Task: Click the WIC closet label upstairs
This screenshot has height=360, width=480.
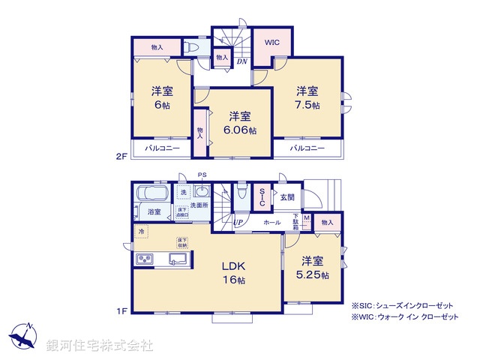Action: point(271,43)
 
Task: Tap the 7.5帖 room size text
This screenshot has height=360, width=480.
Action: point(307,105)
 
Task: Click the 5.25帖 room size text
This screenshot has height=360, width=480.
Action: point(313,274)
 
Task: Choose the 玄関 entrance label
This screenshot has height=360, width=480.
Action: point(288,198)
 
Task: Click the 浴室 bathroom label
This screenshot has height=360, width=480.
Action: point(155,211)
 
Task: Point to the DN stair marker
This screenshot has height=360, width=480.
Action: point(242,61)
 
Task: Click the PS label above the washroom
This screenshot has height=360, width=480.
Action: point(201,175)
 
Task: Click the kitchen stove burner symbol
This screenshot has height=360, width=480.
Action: point(144,259)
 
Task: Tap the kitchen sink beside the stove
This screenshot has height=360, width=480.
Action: point(178,259)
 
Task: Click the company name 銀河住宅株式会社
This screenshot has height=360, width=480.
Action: point(100,346)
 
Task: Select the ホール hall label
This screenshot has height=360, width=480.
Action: point(272,223)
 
